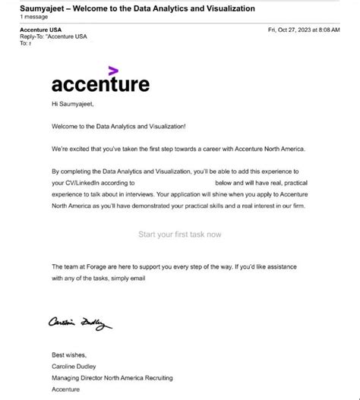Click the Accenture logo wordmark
(x=100, y=83)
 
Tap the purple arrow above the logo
(x=113, y=71)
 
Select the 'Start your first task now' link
(x=180, y=234)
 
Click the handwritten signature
(x=80, y=323)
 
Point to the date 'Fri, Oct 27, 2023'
(x=292, y=29)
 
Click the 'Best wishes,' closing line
(x=69, y=354)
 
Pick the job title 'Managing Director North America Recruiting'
(x=112, y=377)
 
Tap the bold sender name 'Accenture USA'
(x=41, y=29)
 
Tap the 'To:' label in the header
(x=24, y=43)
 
